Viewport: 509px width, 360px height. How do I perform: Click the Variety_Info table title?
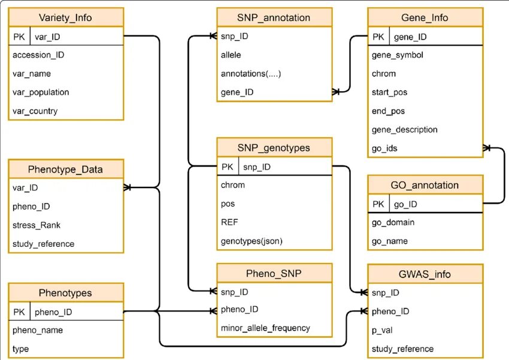66,17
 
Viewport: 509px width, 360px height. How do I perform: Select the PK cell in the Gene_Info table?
378,37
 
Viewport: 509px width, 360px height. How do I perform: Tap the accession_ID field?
38,55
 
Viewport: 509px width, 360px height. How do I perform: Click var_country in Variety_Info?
35,111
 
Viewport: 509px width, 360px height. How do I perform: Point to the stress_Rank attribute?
36,225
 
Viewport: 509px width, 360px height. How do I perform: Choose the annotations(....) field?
251,74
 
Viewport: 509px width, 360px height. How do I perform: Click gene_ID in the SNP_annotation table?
237,92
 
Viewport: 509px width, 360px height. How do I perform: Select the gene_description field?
404,129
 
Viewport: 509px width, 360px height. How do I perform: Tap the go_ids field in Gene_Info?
384,148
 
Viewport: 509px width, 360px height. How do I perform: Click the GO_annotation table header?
425,185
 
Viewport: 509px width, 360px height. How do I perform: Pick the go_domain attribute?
393,222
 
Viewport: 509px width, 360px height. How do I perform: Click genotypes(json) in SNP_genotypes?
252,241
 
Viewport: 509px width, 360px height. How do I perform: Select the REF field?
229,222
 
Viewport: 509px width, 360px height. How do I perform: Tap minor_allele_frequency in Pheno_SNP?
265,328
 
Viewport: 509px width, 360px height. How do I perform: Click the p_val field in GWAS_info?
382,329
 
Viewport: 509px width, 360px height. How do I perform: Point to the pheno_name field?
37,330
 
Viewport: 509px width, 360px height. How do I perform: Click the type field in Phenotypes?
20,349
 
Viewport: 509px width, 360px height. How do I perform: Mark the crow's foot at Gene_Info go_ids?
487,147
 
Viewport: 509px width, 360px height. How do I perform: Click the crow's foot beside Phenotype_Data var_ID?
128,187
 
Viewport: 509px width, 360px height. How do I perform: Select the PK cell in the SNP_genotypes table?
227,167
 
